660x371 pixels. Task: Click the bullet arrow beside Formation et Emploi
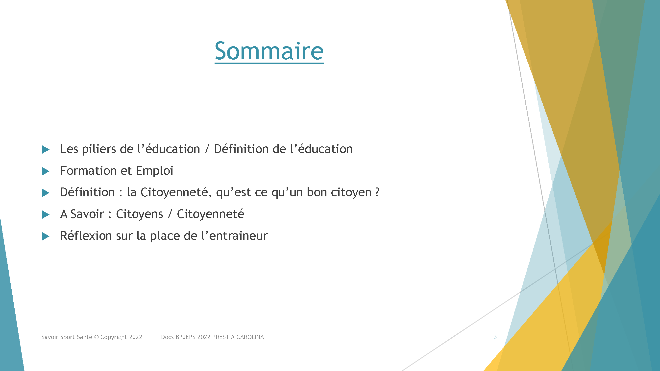(46, 171)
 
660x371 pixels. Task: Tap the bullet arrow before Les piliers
(46, 150)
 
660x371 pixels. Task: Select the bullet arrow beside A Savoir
(46, 214)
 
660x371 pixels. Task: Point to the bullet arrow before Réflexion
(46, 236)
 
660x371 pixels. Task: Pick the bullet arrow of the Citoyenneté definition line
(46, 193)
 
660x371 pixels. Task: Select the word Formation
(88, 171)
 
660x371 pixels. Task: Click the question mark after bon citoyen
(377, 192)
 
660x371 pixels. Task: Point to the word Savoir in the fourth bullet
(87, 214)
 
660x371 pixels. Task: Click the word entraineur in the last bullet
(238, 236)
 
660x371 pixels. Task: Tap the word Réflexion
(86, 235)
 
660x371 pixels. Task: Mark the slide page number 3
(495, 337)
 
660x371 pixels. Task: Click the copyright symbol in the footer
(97, 337)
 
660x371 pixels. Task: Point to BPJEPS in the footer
(186, 337)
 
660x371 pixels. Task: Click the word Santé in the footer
(85, 337)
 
